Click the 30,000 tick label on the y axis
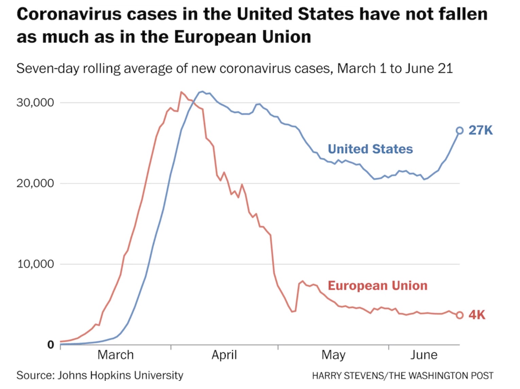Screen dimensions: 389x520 pyautogui.click(x=35, y=102)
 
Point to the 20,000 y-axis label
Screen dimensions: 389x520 pyautogui.click(x=35, y=183)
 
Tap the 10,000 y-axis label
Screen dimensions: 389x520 pyautogui.click(x=36, y=264)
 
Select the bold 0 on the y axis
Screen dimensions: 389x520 pyautogui.click(x=51, y=345)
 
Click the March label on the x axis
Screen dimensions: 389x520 pyautogui.click(x=116, y=355)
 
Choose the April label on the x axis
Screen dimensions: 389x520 pyautogui.click(x=224, y=355)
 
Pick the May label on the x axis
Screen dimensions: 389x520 pyautogui.click(x=333, y=355)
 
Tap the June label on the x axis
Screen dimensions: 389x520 pyautogui.click(x=423, y=355)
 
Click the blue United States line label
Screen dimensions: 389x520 pyautogui.click(x=370, y=149)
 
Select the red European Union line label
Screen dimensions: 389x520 pyautogui.click(x=377, y=286)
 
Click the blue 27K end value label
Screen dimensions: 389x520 pyautogui.click(x=480, y=130)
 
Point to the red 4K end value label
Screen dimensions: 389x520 pyautogui.click(x=477, y=315)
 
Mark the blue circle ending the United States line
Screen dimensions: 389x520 pyautogui.click(x=460, y=131)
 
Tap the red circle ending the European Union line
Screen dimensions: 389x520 pyautogui.click(x=460, y=315)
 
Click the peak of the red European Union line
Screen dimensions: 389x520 pyautogui.click(x=181, y=92)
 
